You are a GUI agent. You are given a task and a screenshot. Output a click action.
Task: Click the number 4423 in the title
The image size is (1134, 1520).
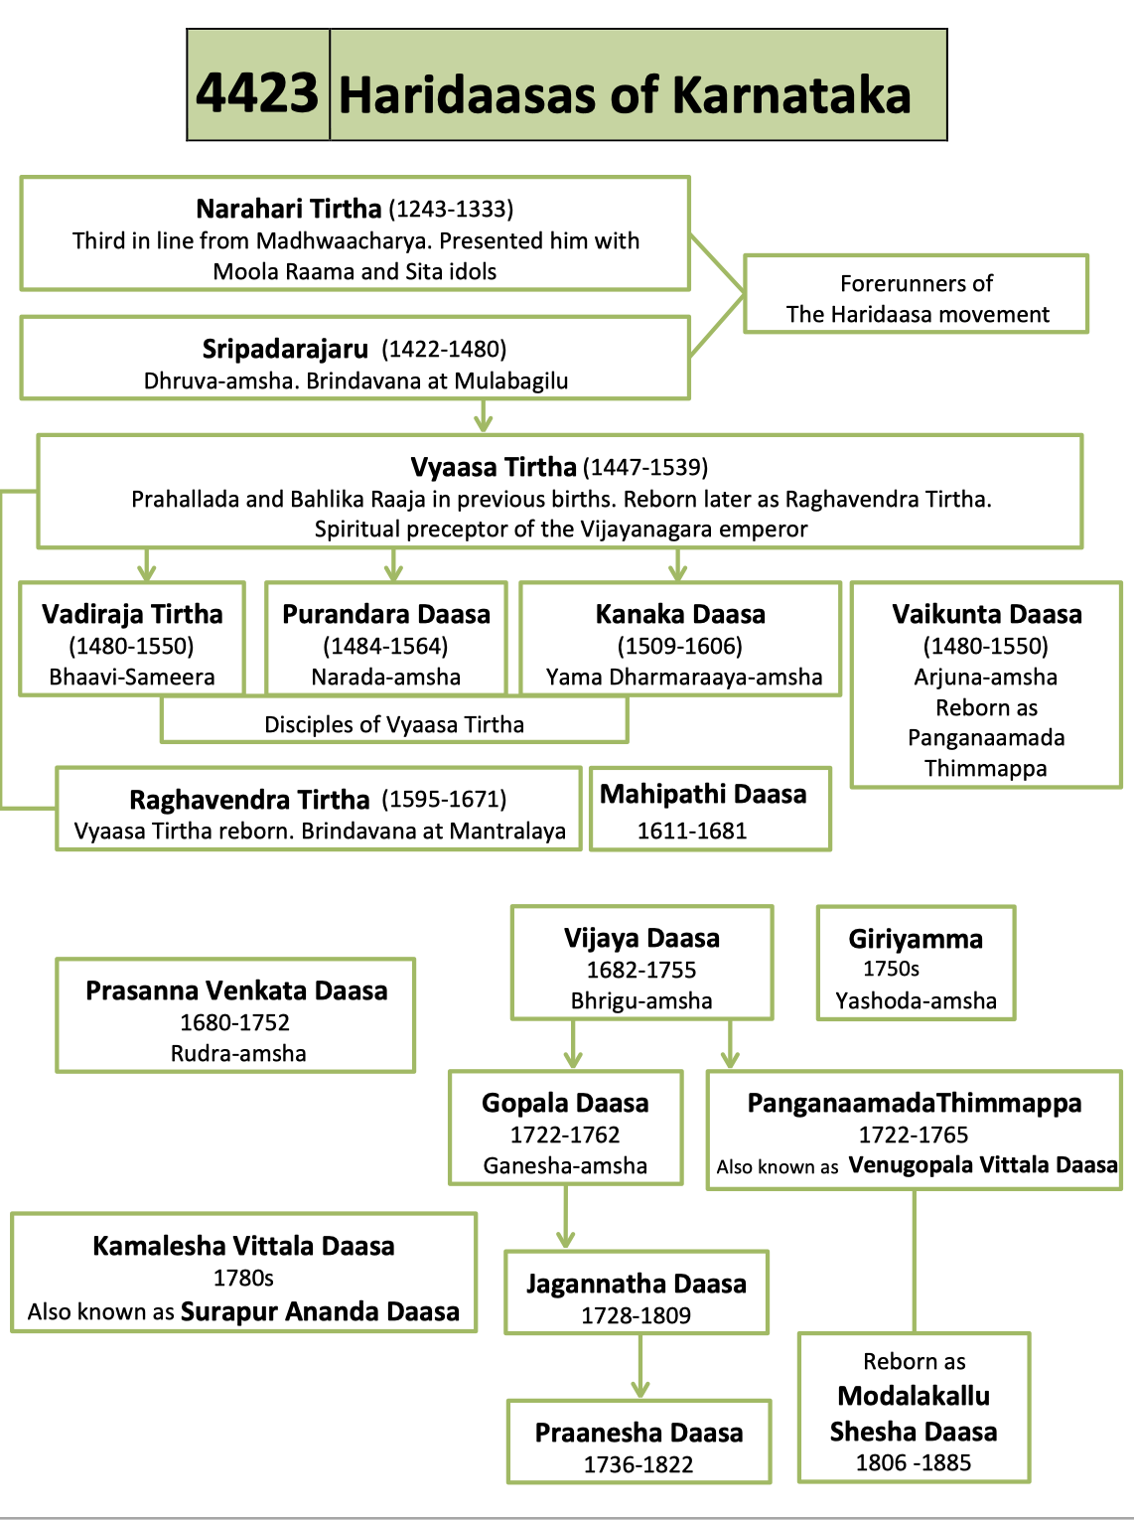point(257,92)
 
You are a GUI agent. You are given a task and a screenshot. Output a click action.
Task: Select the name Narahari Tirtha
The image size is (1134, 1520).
point(288,209)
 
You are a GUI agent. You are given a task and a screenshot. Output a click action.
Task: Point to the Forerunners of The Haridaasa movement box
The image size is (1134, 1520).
point(916,298)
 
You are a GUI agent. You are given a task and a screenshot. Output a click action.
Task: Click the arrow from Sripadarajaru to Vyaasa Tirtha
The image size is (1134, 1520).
point(484,417)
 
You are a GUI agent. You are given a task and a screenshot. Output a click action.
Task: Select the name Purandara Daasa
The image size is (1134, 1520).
point(386,614)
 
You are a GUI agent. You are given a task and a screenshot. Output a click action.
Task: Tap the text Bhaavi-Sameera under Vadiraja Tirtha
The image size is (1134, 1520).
point(132,677)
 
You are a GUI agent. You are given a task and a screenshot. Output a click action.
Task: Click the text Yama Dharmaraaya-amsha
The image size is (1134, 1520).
point(683,677)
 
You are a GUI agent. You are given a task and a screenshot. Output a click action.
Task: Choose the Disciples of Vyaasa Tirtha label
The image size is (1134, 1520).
point(394,724)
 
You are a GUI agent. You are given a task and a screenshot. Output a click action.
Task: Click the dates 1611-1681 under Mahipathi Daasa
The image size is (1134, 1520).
point(691,831)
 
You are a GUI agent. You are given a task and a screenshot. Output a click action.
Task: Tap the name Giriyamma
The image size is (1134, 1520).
point(916,939)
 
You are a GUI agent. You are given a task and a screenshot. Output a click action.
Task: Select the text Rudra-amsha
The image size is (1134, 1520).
point(238,1053)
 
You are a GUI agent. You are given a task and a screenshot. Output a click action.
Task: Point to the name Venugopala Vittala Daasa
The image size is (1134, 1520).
point(983,1165)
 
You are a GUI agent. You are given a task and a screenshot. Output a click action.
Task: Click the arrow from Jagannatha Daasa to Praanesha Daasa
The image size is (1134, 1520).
point(640,1371)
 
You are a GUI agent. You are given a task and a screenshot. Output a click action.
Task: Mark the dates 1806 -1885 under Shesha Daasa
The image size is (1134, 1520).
point(914,1462)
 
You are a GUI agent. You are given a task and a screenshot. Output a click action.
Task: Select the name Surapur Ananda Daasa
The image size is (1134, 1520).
point(320,1311)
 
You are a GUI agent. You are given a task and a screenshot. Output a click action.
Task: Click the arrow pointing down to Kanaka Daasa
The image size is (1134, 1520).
point(678,566)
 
